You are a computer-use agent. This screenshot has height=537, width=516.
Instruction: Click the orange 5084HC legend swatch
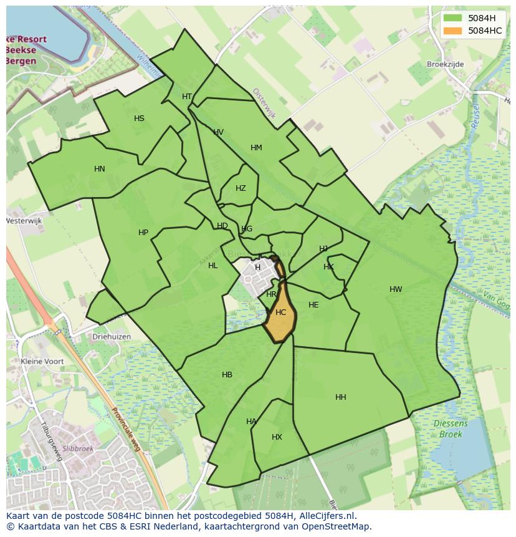coord(454,31)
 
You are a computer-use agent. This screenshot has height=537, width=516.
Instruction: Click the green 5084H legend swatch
coord(454,17)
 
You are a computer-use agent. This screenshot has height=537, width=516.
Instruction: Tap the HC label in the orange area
coord(280,312)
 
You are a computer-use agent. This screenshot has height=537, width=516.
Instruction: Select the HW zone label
coord(396,289)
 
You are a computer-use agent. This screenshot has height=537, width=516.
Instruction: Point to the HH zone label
coord(341,397)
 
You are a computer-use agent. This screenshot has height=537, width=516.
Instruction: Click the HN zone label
coord(100,169)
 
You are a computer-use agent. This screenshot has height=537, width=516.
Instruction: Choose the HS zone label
coord(139,119)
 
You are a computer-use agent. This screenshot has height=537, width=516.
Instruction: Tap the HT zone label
coord(187,97)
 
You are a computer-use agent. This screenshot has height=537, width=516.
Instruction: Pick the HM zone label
coord(256,148)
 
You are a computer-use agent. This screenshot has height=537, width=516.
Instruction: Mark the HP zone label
coord(143,233)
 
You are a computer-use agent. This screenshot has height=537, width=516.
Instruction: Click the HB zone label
coord(227,375)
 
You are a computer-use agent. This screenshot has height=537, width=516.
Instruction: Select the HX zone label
coord(277,437)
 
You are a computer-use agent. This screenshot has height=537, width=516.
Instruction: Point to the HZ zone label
coord(241,188)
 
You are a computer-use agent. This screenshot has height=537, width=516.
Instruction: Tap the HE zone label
coord(313,305)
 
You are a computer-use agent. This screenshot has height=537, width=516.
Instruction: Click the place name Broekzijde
coord(446,64)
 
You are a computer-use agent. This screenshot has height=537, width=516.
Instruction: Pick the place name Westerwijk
coord(23,221)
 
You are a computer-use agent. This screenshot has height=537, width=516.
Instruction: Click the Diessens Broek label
coord(450,428)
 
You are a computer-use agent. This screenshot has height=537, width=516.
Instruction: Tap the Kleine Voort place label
coord(43,361)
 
